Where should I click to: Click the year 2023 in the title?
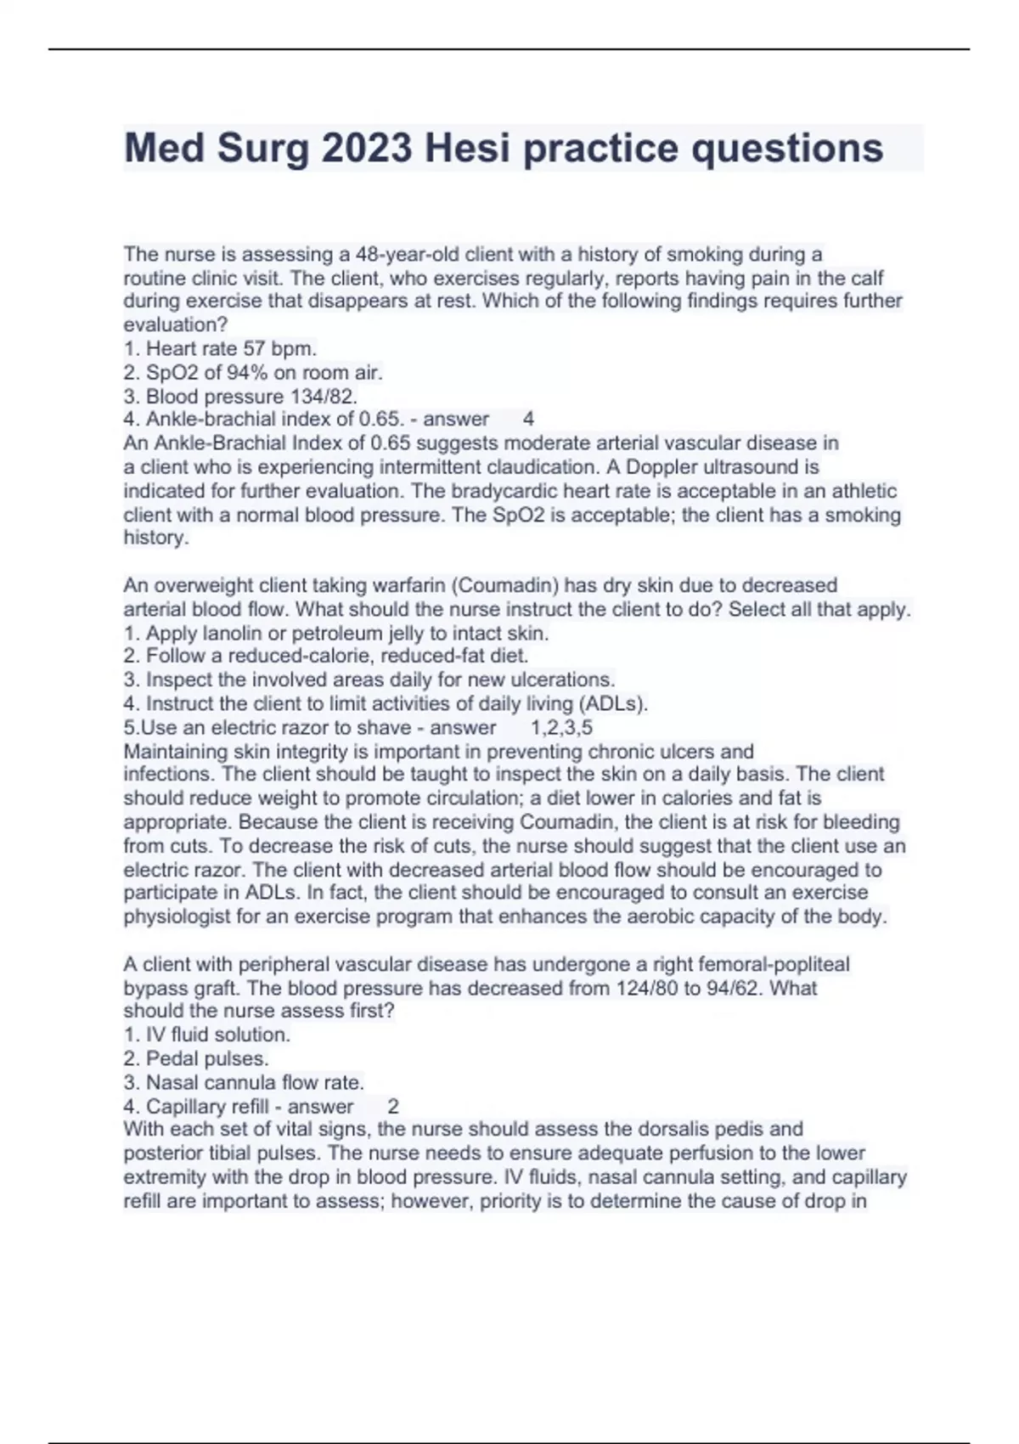(x=367, y=148)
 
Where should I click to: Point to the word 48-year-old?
(x=420, y=254)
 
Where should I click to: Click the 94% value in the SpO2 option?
(x=246, y=372)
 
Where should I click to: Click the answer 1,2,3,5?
(x=561, y=728)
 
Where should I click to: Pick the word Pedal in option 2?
(x=172, y=1058)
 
